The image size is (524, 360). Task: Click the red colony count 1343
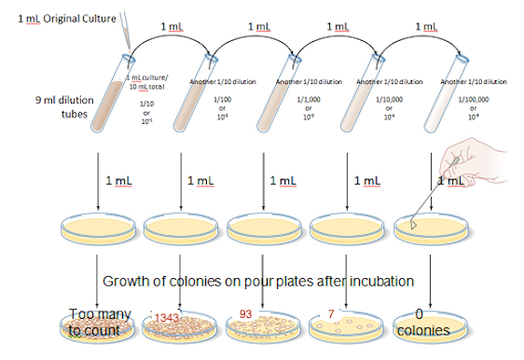(x=169, y=318)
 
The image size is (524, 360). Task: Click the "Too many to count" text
(x=99, y=322)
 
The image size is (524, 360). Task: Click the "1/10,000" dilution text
(x=389, y=98)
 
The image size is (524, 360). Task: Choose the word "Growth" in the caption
(x=127, y=281)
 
